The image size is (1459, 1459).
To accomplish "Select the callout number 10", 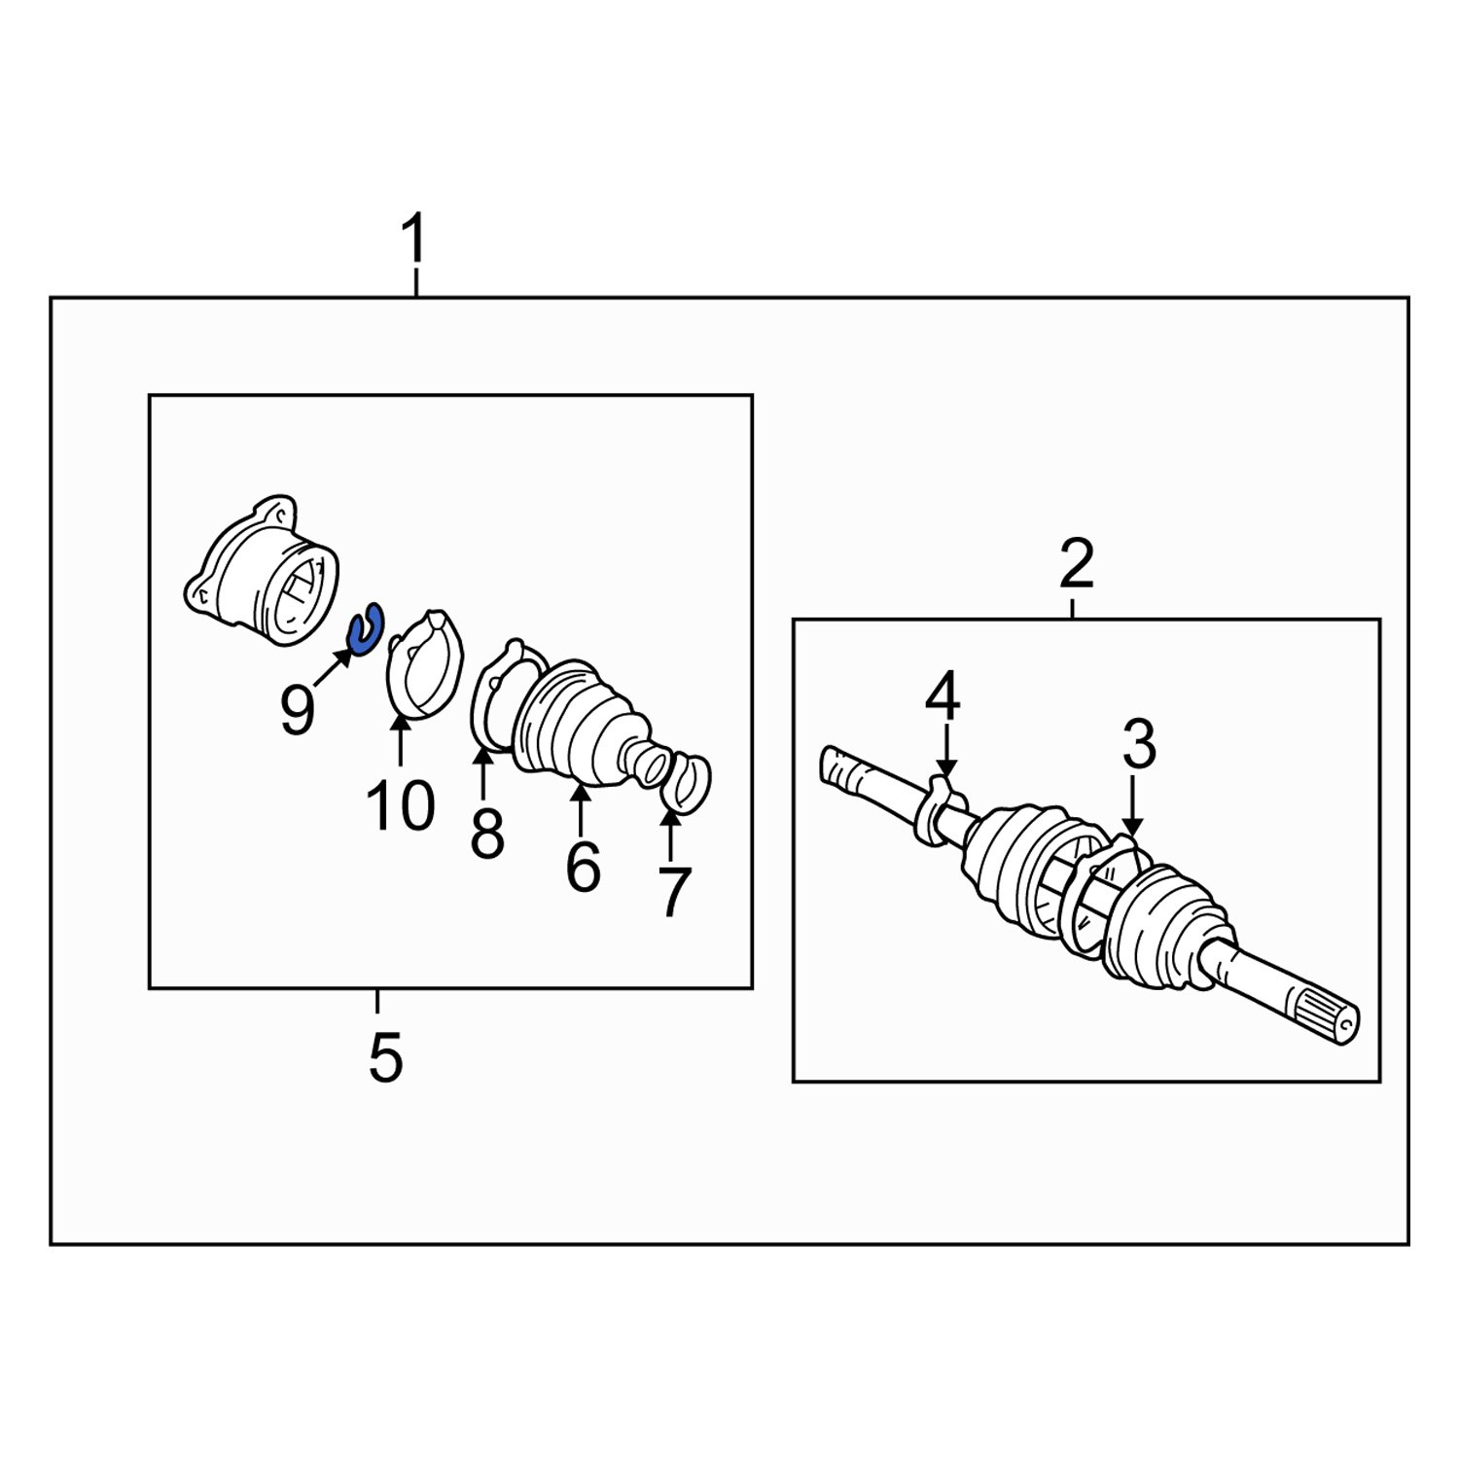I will point(401,806).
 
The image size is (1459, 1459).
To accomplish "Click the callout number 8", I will point(487,833).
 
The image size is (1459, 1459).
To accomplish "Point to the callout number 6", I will point(583,866).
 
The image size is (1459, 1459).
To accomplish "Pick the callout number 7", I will point(673,892).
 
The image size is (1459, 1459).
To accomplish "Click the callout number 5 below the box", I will point(385,1058).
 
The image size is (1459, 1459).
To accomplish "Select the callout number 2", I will point(1076,565).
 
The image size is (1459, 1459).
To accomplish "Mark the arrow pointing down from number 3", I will point(1131,806).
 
